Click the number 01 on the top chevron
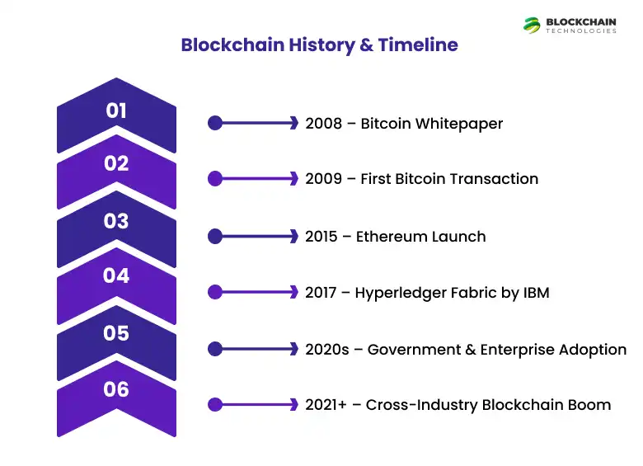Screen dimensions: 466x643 116,111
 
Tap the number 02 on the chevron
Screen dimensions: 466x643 116,164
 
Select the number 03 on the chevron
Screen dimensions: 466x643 116,221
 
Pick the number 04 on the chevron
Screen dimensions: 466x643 116,276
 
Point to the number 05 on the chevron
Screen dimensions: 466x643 116,333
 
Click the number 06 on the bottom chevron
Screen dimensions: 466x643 116,388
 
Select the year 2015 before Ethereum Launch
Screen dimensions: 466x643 321,237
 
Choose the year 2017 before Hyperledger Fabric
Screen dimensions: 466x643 321,293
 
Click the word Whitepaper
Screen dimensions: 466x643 459,124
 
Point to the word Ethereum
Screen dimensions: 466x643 392,237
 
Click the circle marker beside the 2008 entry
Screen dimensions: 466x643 215,123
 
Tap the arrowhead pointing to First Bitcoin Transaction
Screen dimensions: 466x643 293,178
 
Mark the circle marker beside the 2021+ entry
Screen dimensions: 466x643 215,404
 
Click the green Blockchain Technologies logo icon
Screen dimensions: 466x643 533,25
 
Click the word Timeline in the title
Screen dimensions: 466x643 418,45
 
